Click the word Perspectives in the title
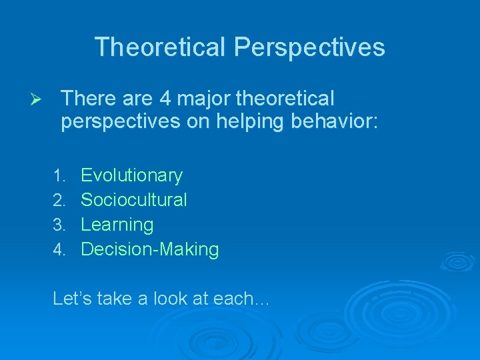click(309, 47)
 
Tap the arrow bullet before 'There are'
click(38, 100)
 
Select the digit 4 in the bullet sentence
click(165, 99)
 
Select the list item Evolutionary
click(131, 175)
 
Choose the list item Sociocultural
click(133, 200)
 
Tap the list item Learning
click(117, 225)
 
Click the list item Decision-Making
click(149, 249)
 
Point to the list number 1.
click(59, 176)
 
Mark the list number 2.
click(59, 201)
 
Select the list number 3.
click(59, 225)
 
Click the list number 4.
click(59, 250)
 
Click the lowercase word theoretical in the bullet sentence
click(283, 99)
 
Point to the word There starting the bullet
click(84, 99)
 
